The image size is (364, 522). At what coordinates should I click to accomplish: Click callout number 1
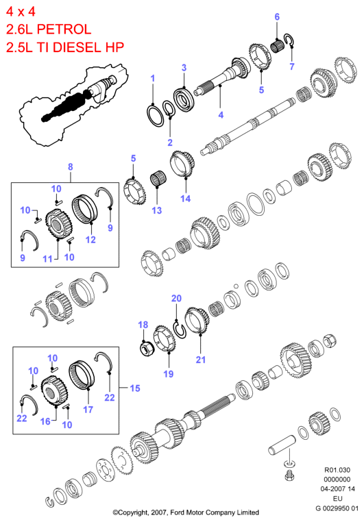(x=153, y=79)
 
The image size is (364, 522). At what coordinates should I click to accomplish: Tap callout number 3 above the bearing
(x=184, y=68)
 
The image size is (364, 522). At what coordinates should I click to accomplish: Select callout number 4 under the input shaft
(x=221, y=115)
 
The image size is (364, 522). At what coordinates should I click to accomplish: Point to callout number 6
(x=277, y=16)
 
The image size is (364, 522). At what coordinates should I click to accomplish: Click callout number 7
(x=292, y=66)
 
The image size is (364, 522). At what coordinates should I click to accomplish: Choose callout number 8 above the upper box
(x=71, y=166)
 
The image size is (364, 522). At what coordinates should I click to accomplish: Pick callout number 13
(x=156, y=210)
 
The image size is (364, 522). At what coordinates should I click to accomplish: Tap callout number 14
(x=186, y=199)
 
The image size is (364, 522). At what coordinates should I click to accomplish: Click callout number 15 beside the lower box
(x=135, y=388)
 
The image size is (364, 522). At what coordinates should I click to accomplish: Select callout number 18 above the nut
(x=143, y=325)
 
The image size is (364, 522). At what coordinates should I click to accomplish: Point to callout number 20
(x=176, y=298)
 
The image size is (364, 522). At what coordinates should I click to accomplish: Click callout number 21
(x=200, y=360)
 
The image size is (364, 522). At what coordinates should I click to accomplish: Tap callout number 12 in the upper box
(x=90, y=240)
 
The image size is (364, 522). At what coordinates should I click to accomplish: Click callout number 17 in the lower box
(x=88, y=410)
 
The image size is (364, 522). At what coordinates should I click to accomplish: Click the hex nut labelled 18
(x=146, y=349)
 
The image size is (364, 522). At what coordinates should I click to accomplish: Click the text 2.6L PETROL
(x=49, y=29)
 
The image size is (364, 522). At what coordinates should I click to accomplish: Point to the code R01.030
(x=337, y=470)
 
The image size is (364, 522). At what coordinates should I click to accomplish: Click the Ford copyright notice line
(x=186, y=512)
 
